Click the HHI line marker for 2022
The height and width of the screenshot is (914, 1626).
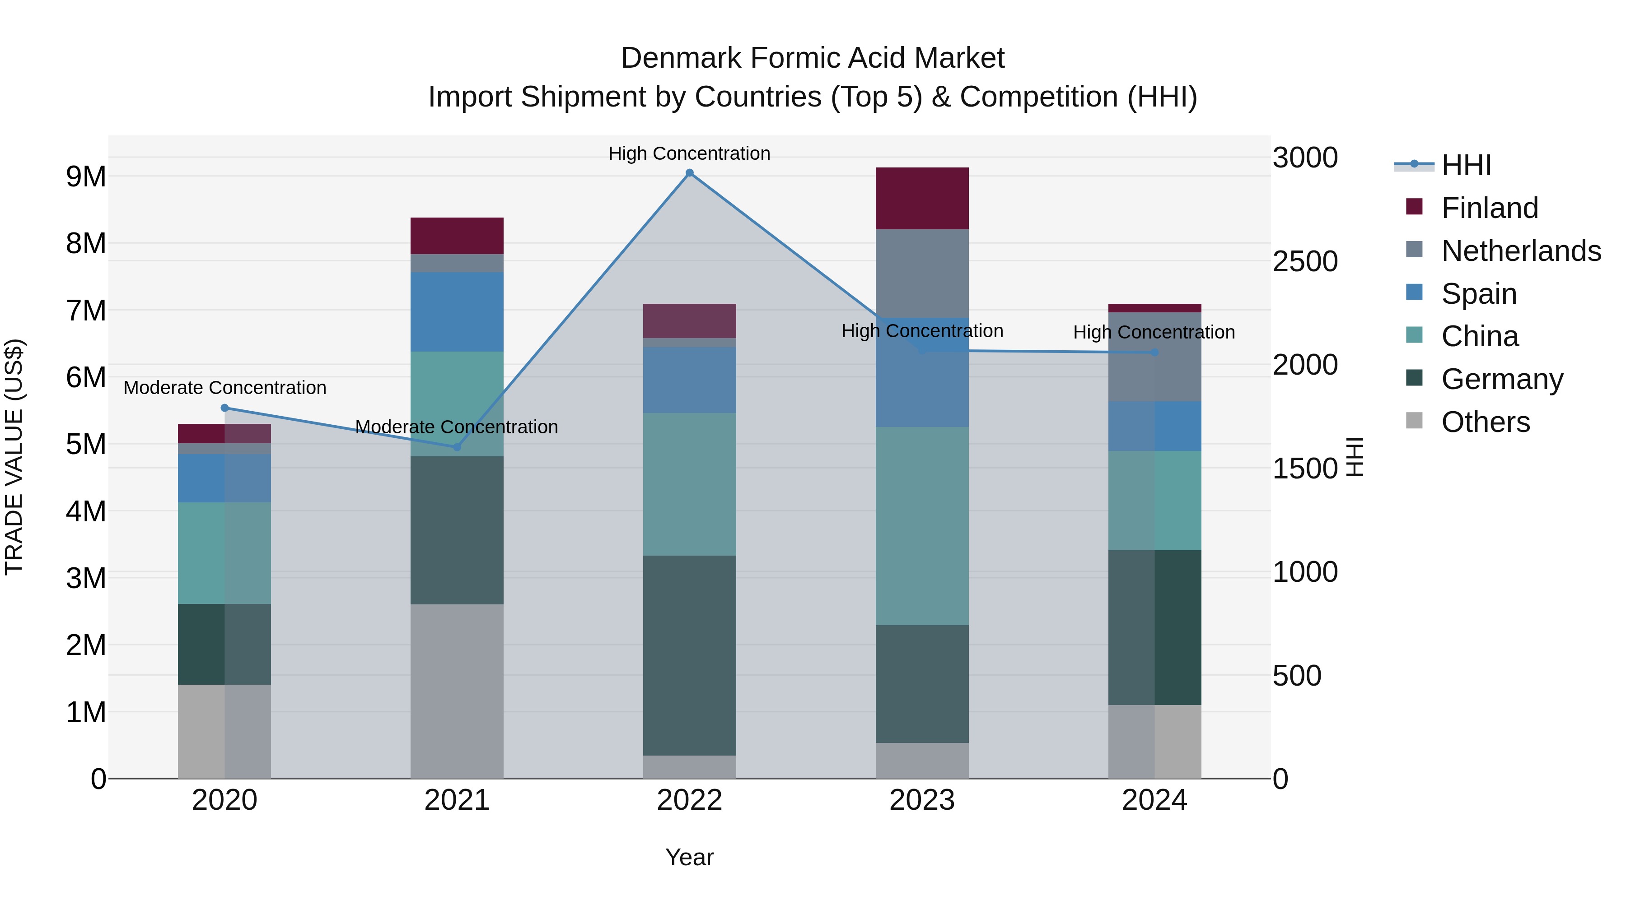[689, 173]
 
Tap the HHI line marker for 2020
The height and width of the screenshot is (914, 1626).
[225, 408]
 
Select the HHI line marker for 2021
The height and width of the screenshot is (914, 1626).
[457, 447]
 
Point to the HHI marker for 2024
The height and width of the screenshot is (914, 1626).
[1154, 353]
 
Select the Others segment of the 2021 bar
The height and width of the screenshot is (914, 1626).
[457, 691]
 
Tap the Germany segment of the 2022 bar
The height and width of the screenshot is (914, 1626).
[689, 655]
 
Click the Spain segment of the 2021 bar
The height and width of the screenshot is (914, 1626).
[457, 311]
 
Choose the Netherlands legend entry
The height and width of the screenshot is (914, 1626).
[1520, 251]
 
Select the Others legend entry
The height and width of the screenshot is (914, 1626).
[1485, 422]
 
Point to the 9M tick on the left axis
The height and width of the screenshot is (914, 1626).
[86, 176]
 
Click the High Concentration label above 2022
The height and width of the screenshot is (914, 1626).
[689, 153]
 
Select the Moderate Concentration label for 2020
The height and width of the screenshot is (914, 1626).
[225, 387]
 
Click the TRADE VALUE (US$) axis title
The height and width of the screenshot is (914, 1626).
[14, 457]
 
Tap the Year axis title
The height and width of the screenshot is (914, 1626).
[689, 857]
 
